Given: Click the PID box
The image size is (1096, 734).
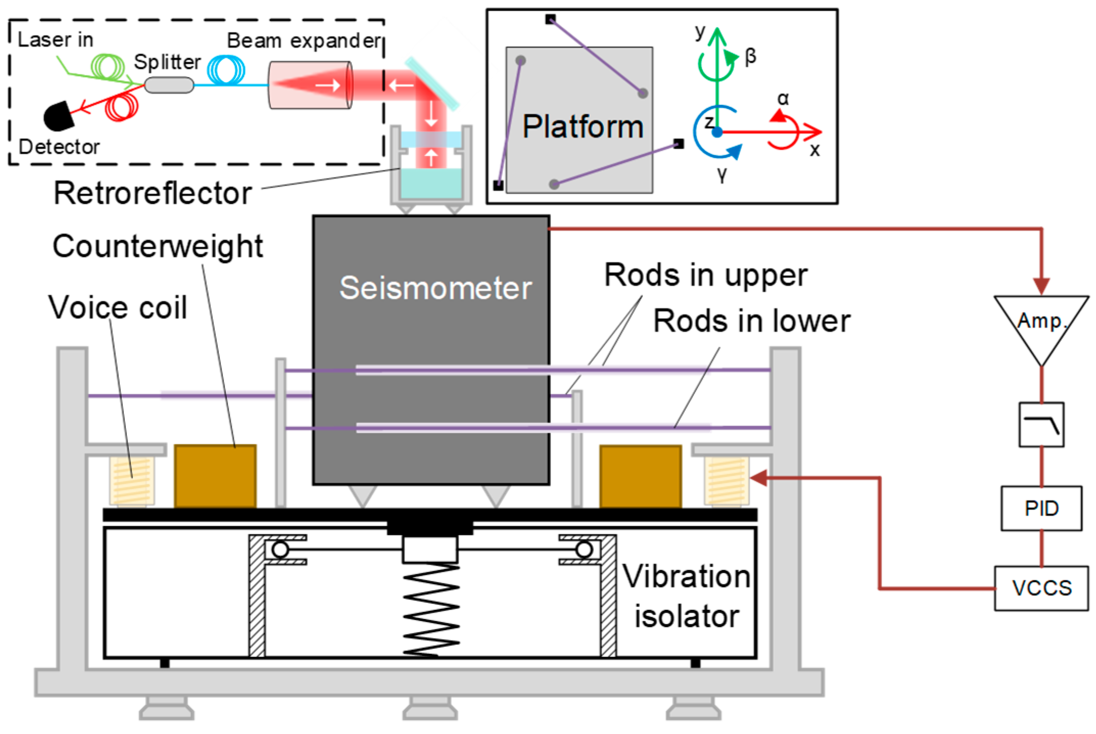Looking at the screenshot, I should (x=1041, y=508).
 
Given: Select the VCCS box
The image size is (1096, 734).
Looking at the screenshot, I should (x=1041, y=588).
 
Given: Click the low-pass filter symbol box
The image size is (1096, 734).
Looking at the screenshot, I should (x=1041, y=424).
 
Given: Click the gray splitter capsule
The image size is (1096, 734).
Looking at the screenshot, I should (x=169, y=85).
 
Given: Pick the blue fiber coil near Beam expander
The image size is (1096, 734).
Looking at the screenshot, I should (x=225, y=69).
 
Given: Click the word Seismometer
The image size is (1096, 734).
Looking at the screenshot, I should (x=435, y=288).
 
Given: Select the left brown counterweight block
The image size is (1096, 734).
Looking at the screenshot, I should (x=215, y=476).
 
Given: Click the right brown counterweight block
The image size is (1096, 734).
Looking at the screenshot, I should (x=640, y=476).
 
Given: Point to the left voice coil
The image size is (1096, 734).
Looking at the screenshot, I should (x=132, y=481).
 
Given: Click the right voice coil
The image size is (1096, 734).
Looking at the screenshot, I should (x=726, y=481).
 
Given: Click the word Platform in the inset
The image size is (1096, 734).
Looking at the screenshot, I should (x=582, y=127).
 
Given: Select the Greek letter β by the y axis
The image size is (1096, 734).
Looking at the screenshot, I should (x=750, y=56).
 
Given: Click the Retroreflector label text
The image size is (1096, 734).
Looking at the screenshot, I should (x=153, y=193).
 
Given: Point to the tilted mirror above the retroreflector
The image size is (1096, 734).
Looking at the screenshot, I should (x=432, y=84).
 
